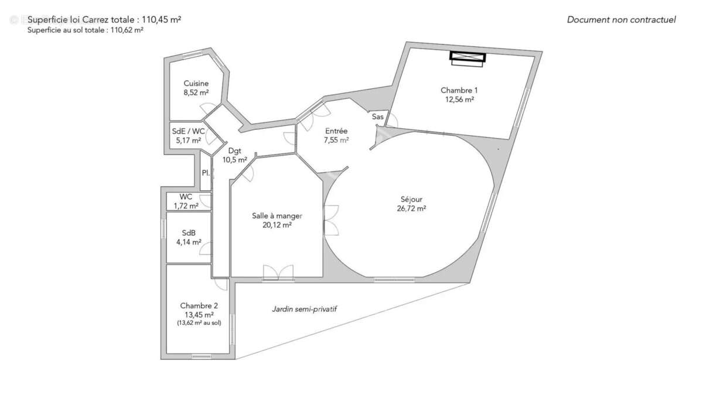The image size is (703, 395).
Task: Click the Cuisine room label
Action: tap(196, 83)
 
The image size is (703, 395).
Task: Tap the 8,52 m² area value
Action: tap(196, 92)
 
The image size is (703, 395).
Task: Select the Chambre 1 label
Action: tap(459, 90)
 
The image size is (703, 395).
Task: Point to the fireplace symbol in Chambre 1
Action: tap(467, 56)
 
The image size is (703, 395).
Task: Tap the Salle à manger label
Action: tap(277, 215)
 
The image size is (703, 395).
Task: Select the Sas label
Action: tap(378, 117)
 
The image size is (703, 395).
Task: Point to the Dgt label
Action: tap(234, 150)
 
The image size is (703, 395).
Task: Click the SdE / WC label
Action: tap(188, 131)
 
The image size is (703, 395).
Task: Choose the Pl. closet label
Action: tap(206, 173)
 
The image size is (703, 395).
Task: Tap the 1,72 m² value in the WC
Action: tap(186, 206)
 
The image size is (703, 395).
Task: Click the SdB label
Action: tap(188, 232)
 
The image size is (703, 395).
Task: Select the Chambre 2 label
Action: tap(199, 305)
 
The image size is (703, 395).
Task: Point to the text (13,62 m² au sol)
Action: tap(199, 322)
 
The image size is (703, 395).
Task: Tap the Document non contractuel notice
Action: tap(621, 20)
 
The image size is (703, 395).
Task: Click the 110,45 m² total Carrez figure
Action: tap(159, 19)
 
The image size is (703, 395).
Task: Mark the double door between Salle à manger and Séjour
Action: tap(331, 220)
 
